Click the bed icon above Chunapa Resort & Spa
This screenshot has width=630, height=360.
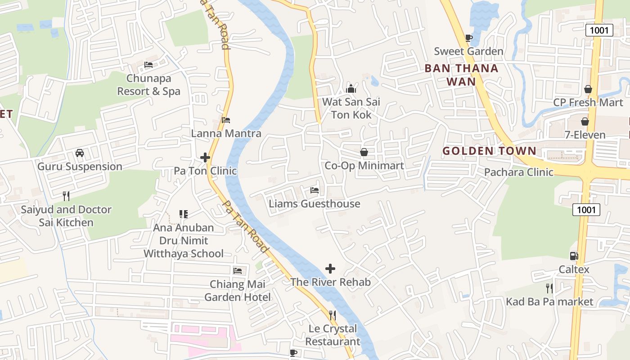[148, 65]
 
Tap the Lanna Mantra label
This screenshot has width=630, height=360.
[226, 133]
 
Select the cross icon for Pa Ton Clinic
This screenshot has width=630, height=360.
[205, 157]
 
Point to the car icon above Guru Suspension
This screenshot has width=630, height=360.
[80, 153]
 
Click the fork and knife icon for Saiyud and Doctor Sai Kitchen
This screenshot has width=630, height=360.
[66, 196]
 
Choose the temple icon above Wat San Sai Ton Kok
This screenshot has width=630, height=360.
[351, 89]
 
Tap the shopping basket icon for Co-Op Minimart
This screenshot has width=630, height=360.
[364, 153]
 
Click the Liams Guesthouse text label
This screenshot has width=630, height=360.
[315, 204]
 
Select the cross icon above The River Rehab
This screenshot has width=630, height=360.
[330, 269]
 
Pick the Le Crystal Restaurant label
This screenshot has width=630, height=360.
[333, 335]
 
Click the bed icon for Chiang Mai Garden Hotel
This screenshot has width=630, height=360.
[238, 271]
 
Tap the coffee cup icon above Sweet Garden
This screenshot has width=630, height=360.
[468, 38]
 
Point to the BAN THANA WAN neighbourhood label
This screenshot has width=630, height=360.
[462, 75]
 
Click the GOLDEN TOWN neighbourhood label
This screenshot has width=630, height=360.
[489, 151]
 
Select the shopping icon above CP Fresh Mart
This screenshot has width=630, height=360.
[588, 89]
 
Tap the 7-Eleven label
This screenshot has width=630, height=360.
[585, 135]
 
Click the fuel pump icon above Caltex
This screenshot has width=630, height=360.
[574, 256]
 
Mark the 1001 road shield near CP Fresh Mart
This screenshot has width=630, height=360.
[599, 30]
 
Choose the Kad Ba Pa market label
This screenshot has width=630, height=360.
[549, 301]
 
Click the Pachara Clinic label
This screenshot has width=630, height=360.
[518, 172]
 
